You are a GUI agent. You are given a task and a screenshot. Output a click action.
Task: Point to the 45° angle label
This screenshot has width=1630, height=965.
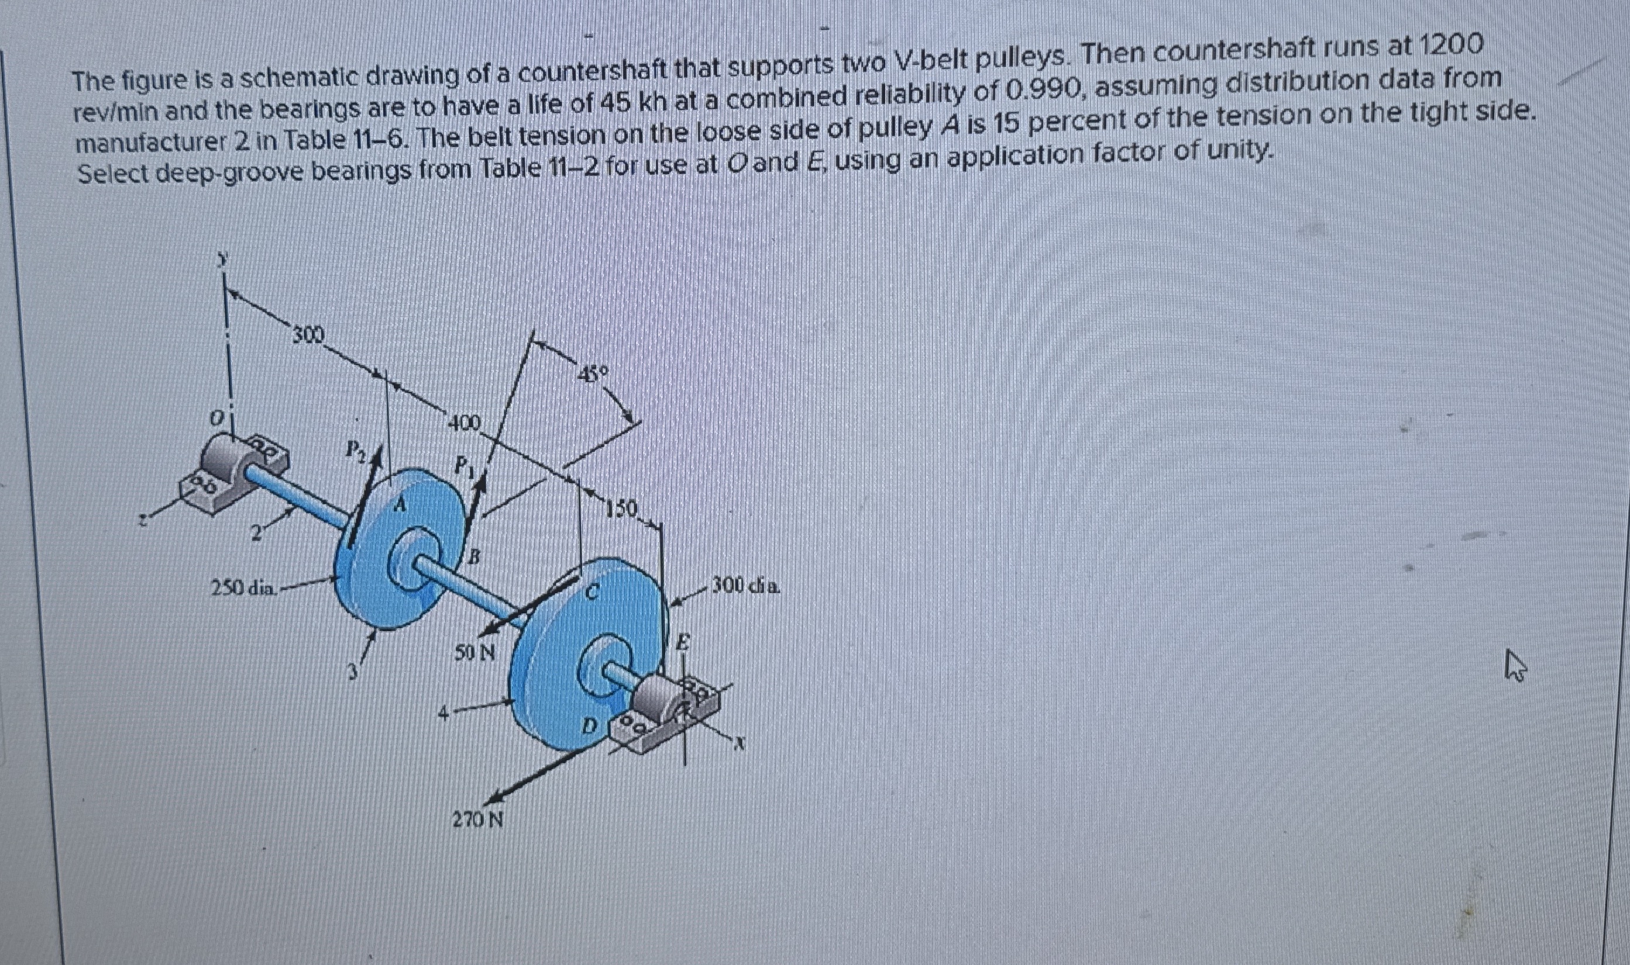593,375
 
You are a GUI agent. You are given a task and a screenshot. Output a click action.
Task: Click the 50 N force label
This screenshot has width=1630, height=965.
475,651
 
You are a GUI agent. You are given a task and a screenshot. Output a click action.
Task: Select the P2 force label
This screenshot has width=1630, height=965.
355,448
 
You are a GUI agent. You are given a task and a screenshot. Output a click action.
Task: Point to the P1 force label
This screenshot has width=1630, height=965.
463,464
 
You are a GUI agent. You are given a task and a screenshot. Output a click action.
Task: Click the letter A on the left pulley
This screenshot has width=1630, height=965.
400,503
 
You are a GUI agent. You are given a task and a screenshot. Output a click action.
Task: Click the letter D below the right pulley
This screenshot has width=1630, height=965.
587,724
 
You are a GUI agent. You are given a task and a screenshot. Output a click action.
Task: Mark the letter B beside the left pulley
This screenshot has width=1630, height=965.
475,556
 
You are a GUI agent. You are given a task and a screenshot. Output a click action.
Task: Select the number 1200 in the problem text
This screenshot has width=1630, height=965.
1450,46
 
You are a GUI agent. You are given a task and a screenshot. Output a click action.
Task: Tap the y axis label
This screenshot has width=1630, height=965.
223,260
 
